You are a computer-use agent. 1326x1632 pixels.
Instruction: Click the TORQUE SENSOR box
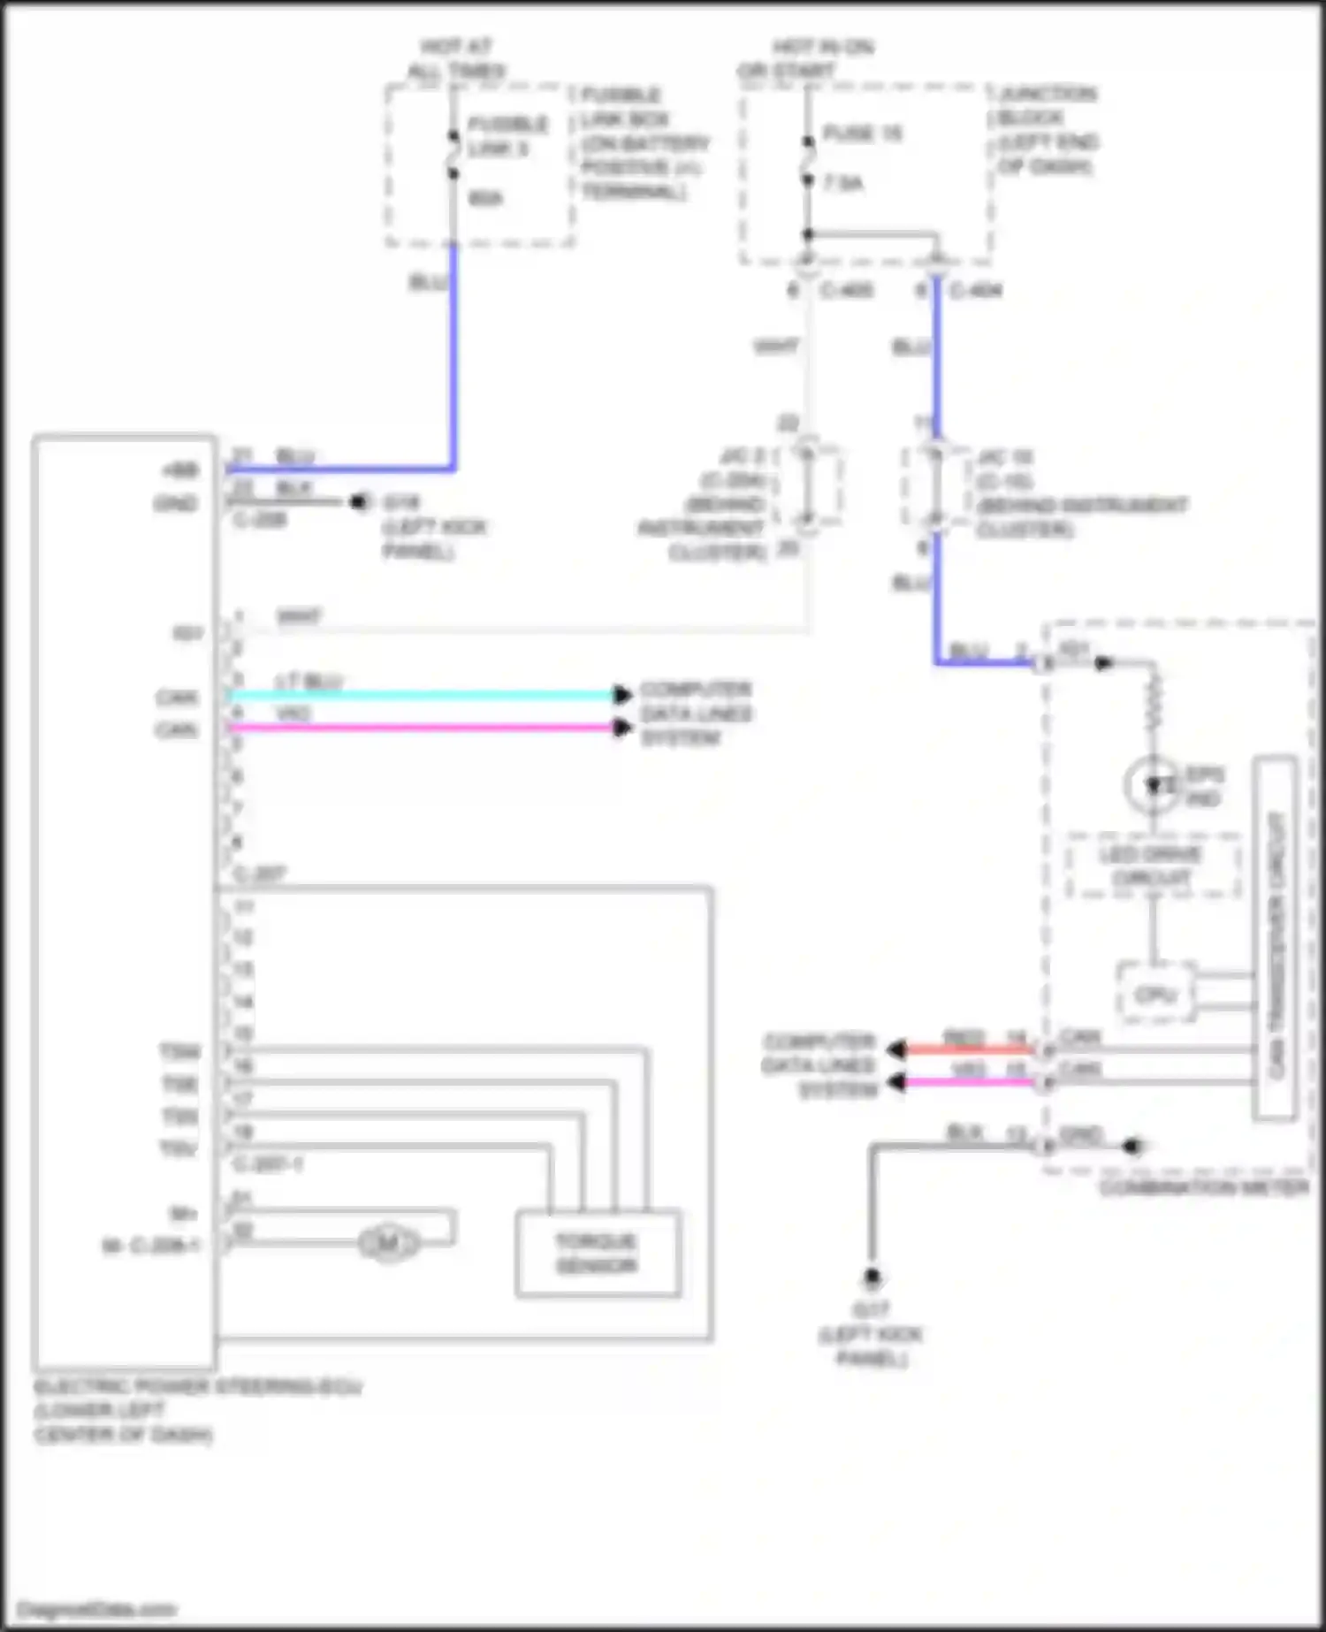(x=598, y=1253)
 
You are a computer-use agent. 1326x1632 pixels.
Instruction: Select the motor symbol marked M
(x=388, y=1244)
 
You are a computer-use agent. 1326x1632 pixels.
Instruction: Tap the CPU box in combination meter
(x=1155, y=994)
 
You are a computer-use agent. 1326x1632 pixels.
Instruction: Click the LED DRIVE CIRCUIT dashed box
(x=1151, y=866)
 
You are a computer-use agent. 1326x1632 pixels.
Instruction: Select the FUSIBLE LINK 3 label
(x=507, y=135)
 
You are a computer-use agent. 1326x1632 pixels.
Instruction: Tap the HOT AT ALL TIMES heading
(x=455, y=58)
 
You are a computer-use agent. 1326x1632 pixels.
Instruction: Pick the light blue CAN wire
(x=424, y=695)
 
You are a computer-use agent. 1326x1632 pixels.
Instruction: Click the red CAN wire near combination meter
(x=968, y=1049)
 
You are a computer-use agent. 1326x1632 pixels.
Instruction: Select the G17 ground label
(x=871, y=1308)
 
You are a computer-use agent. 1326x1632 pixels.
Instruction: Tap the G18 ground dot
(x=358, y=502)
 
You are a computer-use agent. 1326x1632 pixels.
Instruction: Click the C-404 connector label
(x=976, y=290)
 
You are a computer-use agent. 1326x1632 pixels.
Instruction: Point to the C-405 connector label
(x=846, y=290)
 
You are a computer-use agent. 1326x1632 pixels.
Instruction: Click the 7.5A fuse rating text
(x=843, y=183)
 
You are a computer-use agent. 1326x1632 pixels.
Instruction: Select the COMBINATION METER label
(x=1204, y=1187)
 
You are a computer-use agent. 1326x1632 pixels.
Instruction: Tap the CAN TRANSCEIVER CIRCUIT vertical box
(x=1276, y=937)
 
